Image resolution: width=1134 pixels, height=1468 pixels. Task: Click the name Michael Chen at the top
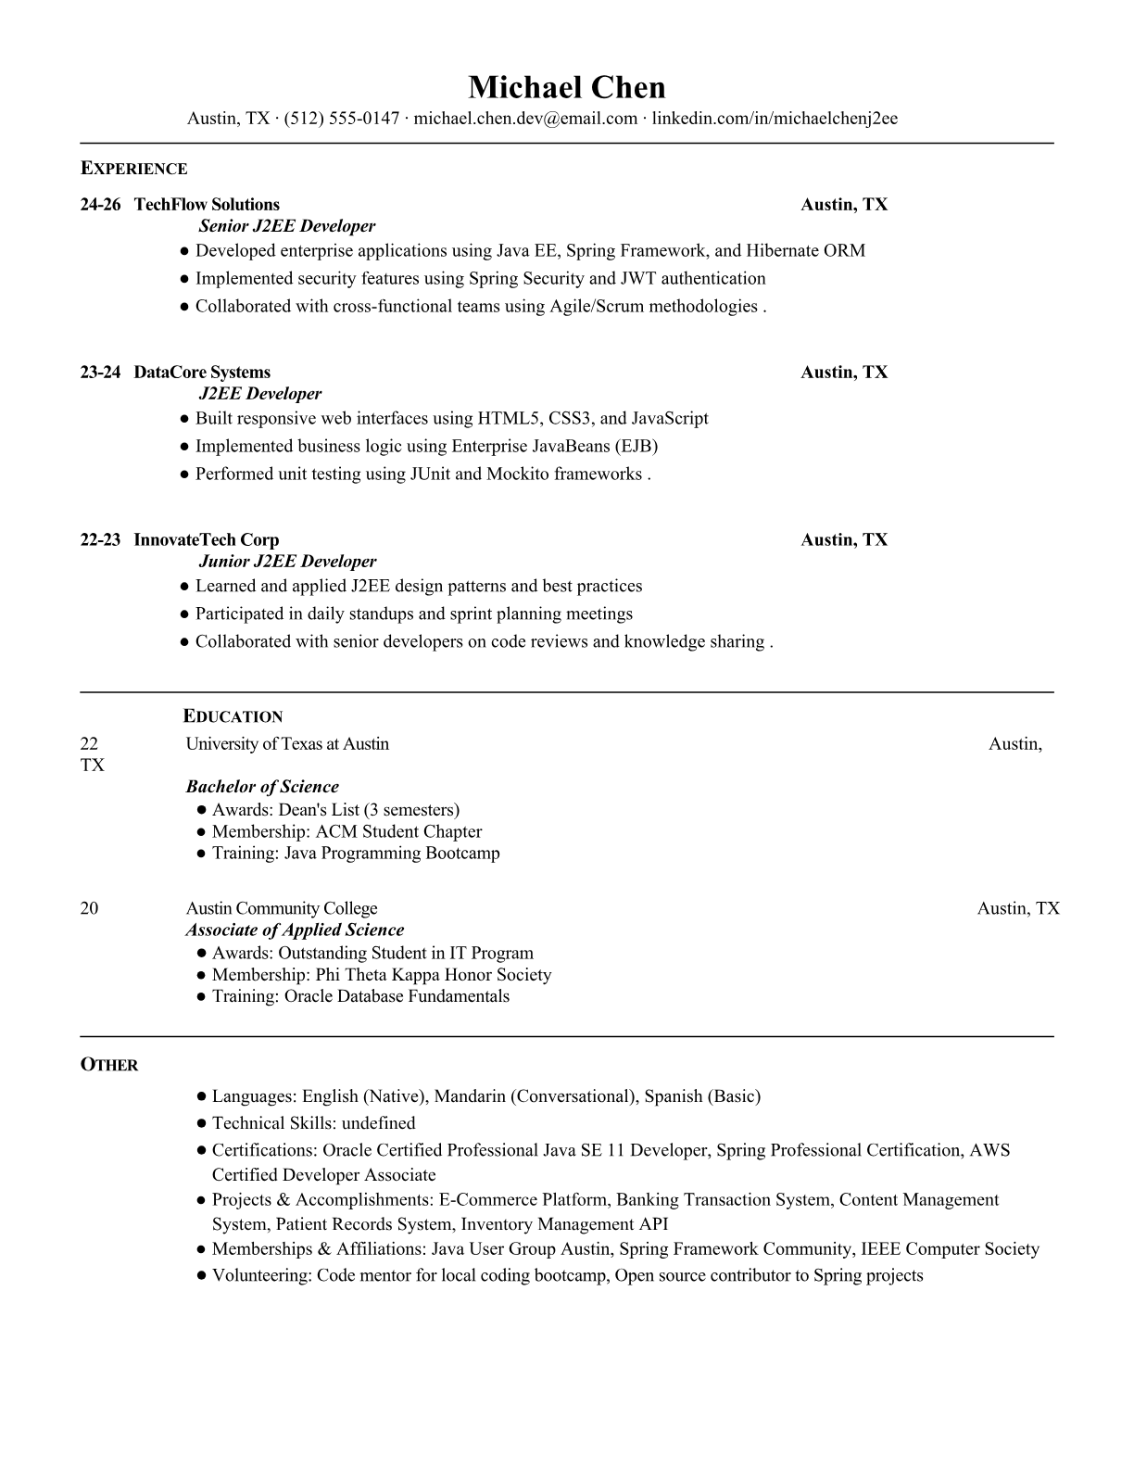566,87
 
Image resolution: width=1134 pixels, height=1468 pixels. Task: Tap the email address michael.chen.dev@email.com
525,118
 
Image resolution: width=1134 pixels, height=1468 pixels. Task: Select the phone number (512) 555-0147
341,118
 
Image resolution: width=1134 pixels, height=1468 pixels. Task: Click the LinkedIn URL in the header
775,118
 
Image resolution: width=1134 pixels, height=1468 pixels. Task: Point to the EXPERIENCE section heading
133,169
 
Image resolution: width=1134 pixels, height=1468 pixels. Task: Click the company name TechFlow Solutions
207,205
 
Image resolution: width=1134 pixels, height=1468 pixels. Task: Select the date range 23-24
100,373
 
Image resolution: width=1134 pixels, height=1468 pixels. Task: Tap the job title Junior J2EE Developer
287,562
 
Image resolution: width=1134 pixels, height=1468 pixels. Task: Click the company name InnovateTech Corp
206,540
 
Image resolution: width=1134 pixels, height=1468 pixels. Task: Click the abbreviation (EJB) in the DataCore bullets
636,446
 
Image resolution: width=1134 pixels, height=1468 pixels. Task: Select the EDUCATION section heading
233,716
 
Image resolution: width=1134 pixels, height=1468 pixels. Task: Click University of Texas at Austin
287,744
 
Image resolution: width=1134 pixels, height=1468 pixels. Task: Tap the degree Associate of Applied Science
295,930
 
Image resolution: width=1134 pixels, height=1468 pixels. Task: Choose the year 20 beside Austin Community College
89,908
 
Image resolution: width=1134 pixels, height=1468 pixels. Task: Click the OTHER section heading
109,1065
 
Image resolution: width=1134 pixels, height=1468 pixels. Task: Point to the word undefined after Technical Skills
378,1123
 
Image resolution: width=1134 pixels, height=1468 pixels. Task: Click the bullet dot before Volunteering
201,1276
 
